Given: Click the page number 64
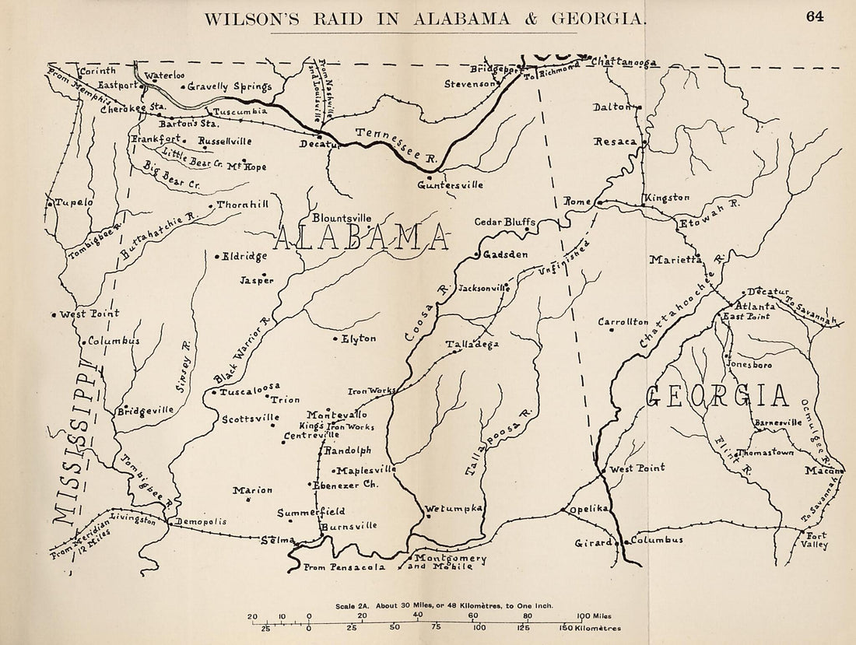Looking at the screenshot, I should click(815, 16).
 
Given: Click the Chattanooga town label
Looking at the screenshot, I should click(624, 61).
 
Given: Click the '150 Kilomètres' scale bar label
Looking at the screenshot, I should click(592, 628).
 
